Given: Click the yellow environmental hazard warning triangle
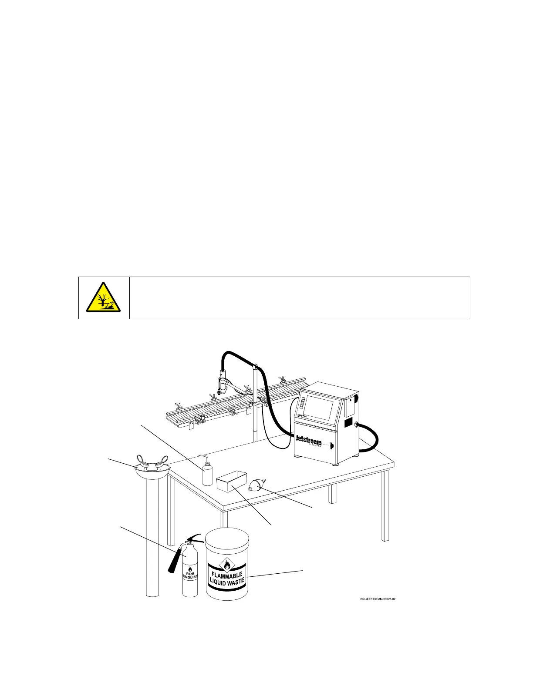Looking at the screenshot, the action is click(104, 298).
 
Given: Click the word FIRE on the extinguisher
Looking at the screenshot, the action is click(190, 574).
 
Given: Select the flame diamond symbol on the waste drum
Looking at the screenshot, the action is click(226, 565).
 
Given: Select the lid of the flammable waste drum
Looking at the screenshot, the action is click(226, 539).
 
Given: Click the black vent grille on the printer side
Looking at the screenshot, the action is click(348, 422).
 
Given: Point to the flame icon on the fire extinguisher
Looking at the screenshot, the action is click(190, 568).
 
